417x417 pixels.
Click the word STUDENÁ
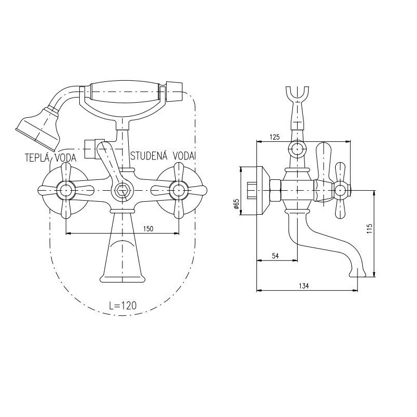(149, 155)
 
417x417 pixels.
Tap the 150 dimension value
(148, 228)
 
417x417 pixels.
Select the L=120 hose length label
(123, 305)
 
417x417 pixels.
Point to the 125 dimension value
(275, 137)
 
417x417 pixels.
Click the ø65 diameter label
(236, 203)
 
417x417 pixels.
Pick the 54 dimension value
(275, 256)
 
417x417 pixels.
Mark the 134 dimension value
(304, 286)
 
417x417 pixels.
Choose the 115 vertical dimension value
(370, 229)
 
